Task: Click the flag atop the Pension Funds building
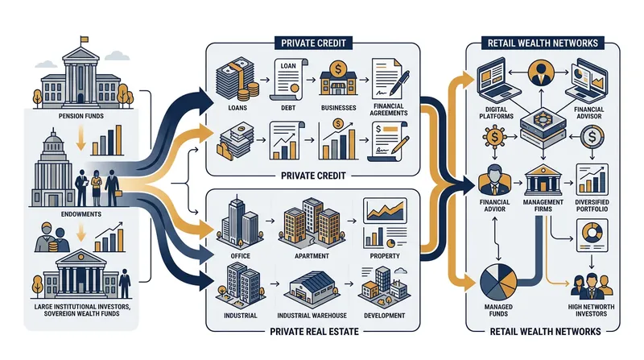[85, 39]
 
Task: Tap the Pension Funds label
[81, 116]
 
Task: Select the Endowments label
[81, 214]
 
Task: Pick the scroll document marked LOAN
[288, 79]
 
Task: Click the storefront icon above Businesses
[338, 79]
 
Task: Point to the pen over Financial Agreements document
[398, 83]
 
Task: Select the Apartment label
[312, 256]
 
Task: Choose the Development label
[385, 316]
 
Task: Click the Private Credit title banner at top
[313, 43]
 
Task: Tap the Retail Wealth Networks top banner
[543, 43]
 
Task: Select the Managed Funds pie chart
[498, 283]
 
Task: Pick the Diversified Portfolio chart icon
[592, 180]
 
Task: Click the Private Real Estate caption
[314, 332]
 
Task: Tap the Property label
[385, 256]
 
